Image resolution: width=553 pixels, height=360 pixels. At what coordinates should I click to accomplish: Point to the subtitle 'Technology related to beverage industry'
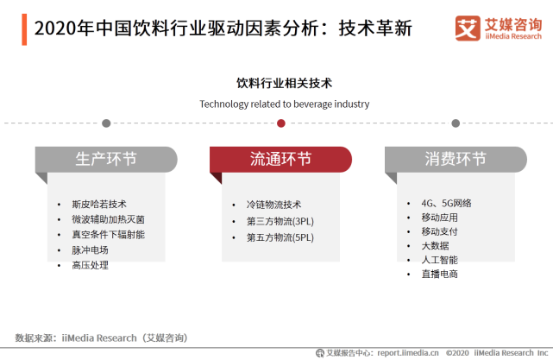click(284, 104)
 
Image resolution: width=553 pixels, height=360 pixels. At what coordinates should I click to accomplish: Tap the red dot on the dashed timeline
click(281, 123)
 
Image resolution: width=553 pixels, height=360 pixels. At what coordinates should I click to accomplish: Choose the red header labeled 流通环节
click(281, 159)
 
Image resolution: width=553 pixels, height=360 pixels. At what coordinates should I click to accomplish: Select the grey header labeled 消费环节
click(456, 159)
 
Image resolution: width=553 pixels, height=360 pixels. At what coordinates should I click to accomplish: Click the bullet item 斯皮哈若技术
click(98, 204)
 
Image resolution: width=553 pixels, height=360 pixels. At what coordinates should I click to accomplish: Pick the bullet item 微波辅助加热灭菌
click(108, 219)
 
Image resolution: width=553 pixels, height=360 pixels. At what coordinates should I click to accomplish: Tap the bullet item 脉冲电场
click(90, 249)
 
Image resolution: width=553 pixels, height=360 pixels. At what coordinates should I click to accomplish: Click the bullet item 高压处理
click(90, 265)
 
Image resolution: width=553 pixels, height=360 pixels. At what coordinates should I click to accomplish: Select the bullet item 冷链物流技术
click(273, 205)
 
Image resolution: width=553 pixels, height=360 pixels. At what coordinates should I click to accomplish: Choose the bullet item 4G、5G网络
click(446, 203)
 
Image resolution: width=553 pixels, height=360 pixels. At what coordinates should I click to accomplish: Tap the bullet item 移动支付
click(439, 231)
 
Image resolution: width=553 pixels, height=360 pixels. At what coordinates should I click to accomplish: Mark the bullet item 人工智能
click(439, 259)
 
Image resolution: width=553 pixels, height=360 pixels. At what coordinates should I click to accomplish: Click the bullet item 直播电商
click(439, 274)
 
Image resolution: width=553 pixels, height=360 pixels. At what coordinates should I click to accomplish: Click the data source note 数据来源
click(101, 338)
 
